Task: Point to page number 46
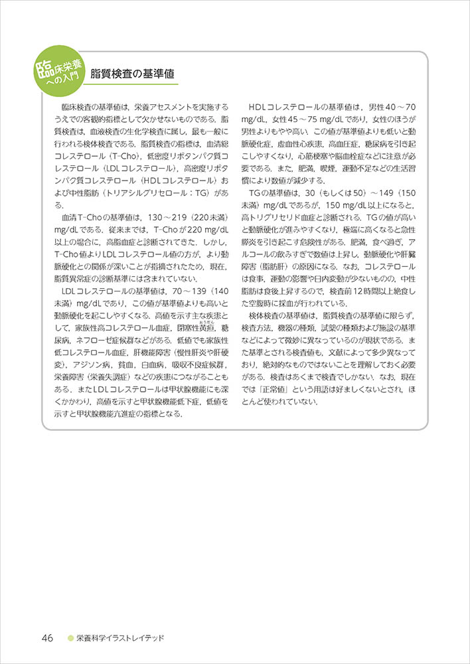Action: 47,637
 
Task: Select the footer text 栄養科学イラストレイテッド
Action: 119,638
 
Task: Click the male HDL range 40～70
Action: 400,106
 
